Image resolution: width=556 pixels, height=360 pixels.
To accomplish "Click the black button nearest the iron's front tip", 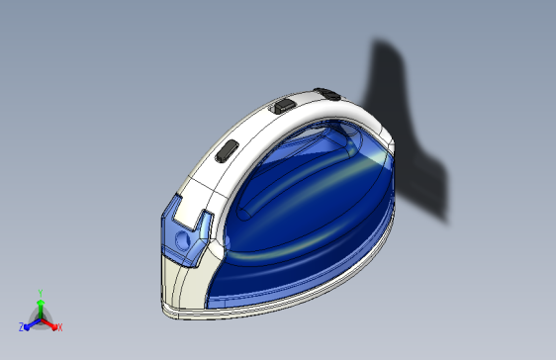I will [227, 150].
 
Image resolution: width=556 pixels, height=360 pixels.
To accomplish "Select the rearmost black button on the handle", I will [329, 95].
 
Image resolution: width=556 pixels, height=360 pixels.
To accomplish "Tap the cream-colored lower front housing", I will [183, 282].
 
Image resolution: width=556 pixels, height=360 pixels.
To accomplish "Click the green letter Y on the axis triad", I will [41, 292].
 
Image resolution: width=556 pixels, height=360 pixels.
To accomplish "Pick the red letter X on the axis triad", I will [59, 326].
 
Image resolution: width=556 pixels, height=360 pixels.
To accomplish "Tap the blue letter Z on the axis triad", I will [21, 325].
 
